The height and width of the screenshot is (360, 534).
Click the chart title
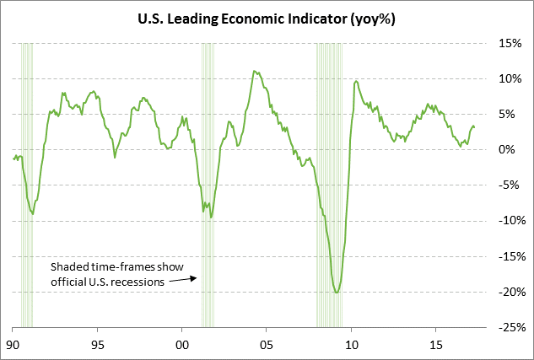267,18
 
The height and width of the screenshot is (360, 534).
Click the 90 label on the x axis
13,345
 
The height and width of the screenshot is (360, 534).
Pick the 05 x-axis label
267,345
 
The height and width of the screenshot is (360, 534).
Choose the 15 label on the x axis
436,345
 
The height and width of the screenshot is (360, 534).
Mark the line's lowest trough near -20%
337,293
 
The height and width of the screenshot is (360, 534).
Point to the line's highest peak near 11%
255,72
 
